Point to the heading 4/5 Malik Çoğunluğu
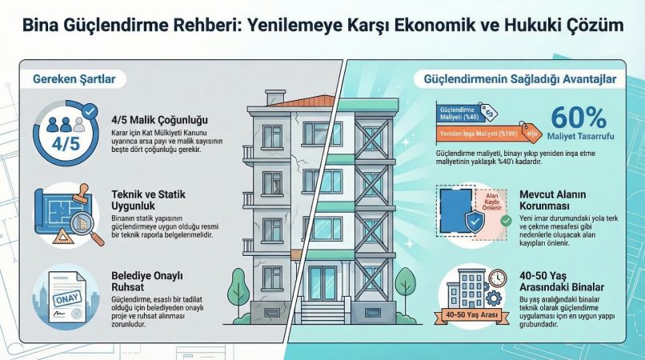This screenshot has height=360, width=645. (x=154, y=122)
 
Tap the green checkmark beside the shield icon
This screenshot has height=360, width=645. (x=505, y=219)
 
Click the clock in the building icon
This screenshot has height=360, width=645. (x=496, y=277)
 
